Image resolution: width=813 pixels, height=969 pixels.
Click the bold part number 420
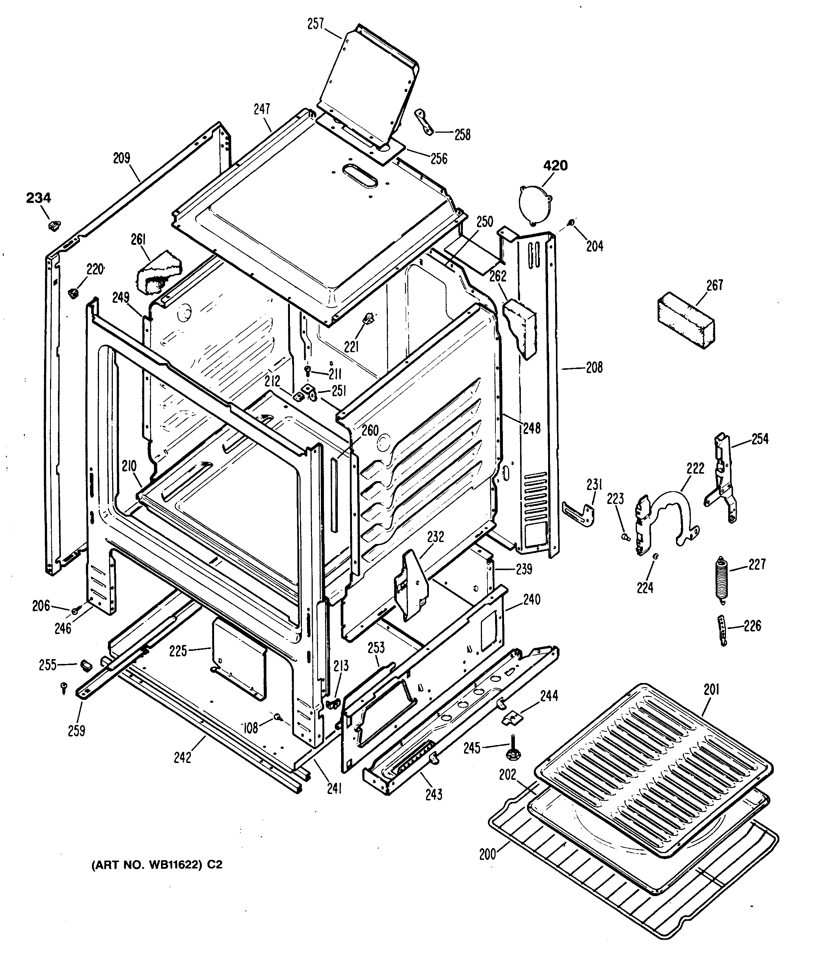pyautogui.click(x=555, y=165)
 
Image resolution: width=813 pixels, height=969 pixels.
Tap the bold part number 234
pyautogui.click(x=38, y=198)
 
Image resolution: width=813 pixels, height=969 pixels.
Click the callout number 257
pyautogui.click(x=316, y=24)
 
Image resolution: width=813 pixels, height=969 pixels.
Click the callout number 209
pyautogui.click(x=122, y=158)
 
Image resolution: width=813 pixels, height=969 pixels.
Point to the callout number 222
pyautogui.click(x=695, y=468)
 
